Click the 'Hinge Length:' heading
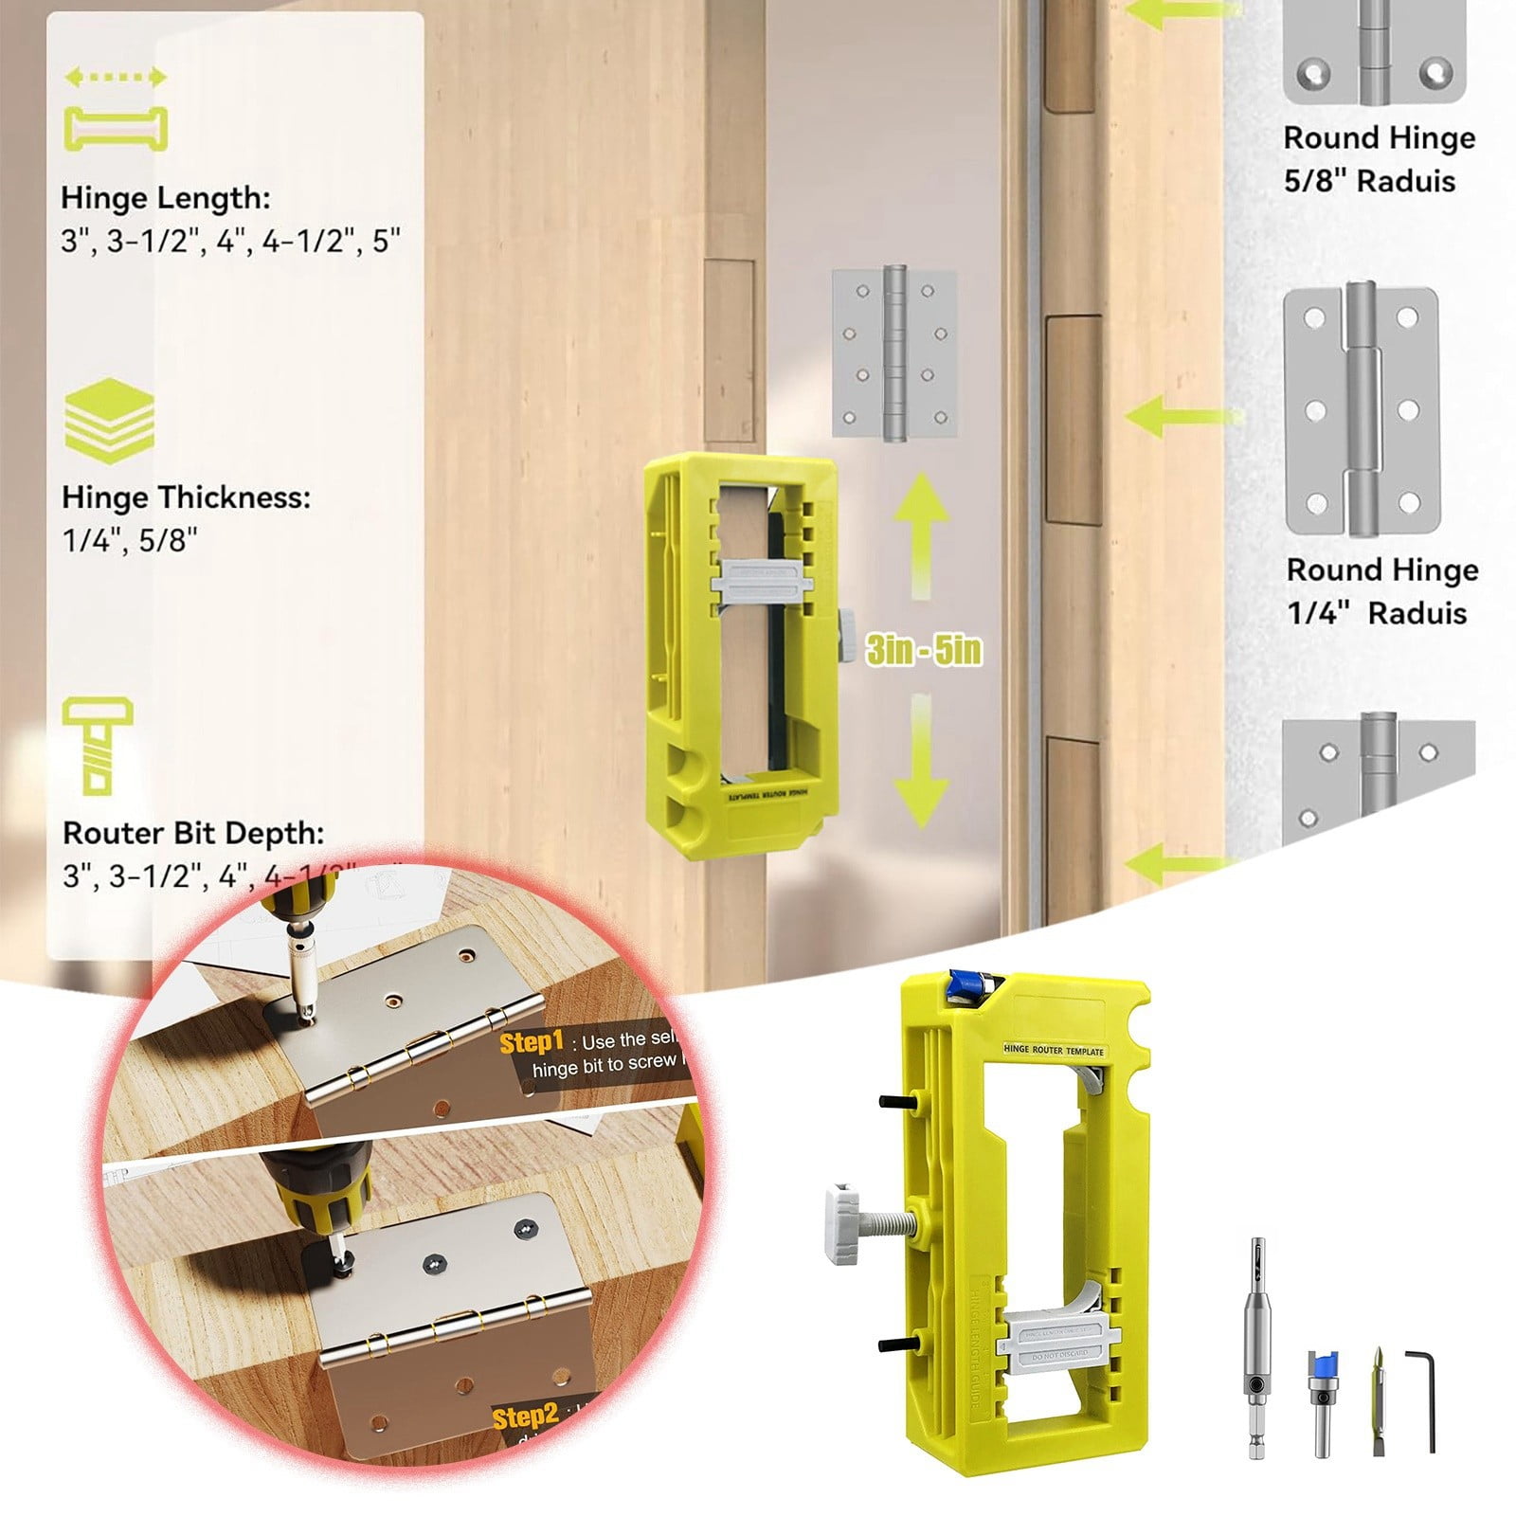(166, 198)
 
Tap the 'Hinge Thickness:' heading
(186, 497)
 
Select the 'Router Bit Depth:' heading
(193, 833)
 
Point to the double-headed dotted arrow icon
(116, 78)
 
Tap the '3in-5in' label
(924, 651)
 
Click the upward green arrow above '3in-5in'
(918, 535)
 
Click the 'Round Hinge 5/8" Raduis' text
(1379, 159)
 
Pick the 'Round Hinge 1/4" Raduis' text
(1381, 591)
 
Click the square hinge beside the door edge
(894, 353)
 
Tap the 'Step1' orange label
(532, 1043)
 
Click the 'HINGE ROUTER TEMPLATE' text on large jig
(1054, 1051)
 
